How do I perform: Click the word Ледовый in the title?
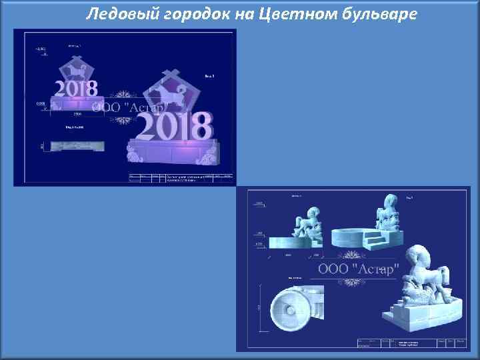click(x=116, y=13)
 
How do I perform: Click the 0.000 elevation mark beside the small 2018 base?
click(x=41, y=103)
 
